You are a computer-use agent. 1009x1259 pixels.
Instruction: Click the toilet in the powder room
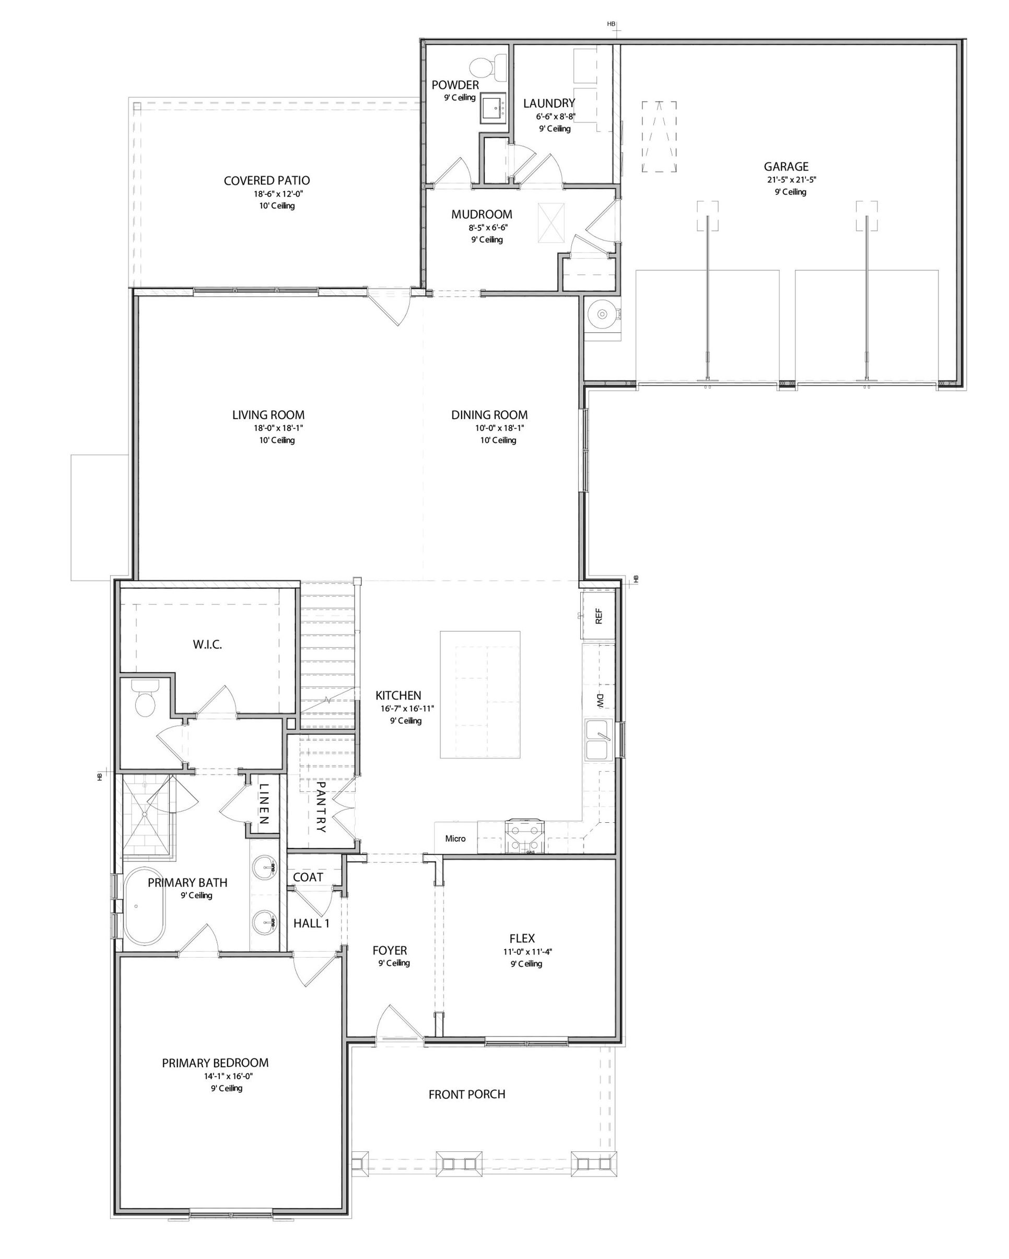pyautogui.click(x=488, y=68)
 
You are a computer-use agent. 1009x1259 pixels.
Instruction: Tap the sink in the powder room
pyautogui.click(x=494, y=108)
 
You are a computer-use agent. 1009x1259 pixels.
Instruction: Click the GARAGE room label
pyautogui.click(x=786, y=167)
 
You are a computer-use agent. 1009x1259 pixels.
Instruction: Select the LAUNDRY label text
pyautogui.click(x=549, y=103)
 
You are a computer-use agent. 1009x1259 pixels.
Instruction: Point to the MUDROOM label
pyautogui.click(x=482, y=214)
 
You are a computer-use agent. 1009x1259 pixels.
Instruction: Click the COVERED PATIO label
pyautogui.click(x=267, y=180)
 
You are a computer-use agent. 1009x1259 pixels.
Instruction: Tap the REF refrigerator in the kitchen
pyautogui.click(x=598, y=616)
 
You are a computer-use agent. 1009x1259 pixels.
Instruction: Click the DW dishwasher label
pyautogui.click(x=599, y=701)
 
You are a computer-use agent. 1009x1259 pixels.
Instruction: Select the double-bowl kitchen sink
pyautogui.click(x=597, y=740)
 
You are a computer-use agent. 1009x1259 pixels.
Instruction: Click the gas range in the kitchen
pyautogui.click(x=524, y=837)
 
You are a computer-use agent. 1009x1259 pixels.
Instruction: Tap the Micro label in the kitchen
pyautogui.click(x=455, y=838)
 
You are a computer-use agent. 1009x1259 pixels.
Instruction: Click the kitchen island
pyautogui.click(x=480, y=694)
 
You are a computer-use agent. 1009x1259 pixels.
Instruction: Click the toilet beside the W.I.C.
pyautogui.click(x=145, y=698)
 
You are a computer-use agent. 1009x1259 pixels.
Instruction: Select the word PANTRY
pyautogui.click(x=320, y=807)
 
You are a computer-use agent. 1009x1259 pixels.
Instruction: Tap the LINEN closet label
pyautogui.click(x=263, y=803)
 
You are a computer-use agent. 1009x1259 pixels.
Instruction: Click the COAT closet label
pyautogui.click(x=308, y=877)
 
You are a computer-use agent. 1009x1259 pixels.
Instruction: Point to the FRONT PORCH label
pyautogui.click(x=466, y=1094)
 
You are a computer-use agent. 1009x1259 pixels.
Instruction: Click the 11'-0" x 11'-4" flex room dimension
pyautogui.click(x=528, y=951)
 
